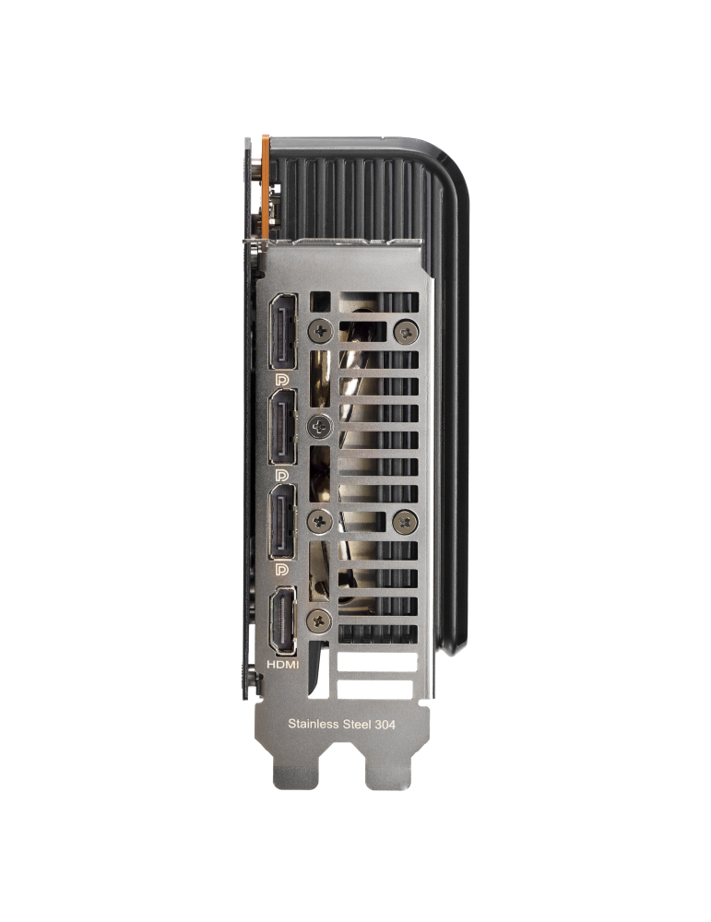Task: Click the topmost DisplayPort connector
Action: [x=283, y=331]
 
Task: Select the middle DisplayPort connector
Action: [x=283, y=427]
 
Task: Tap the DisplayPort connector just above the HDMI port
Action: [x=283, y=521]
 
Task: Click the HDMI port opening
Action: [x=283, y=621]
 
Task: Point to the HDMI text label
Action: [x=283, y=665]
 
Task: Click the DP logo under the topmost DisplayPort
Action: [x=282, y=379]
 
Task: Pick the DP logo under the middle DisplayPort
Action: [x=282, y=475]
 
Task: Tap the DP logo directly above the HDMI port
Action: [x=282, y=569]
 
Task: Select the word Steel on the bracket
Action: [x=358, y=724]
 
